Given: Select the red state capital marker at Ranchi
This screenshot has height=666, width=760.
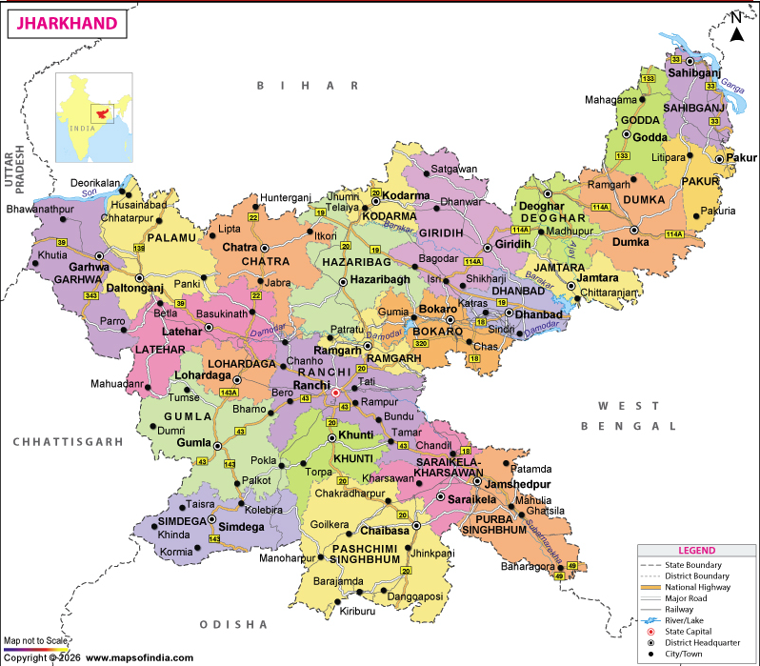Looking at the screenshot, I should (x=334, y=392).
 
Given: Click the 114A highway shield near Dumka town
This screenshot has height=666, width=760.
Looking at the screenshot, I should (x=674, y=234).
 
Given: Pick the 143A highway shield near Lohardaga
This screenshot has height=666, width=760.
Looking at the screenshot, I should (x=229, y=392).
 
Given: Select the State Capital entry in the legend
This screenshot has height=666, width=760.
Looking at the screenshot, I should (x=695, y=631).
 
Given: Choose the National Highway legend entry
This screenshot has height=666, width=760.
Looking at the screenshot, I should (x=695, y=587).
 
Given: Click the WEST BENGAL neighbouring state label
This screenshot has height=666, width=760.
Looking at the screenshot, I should (x=637, y=416).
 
